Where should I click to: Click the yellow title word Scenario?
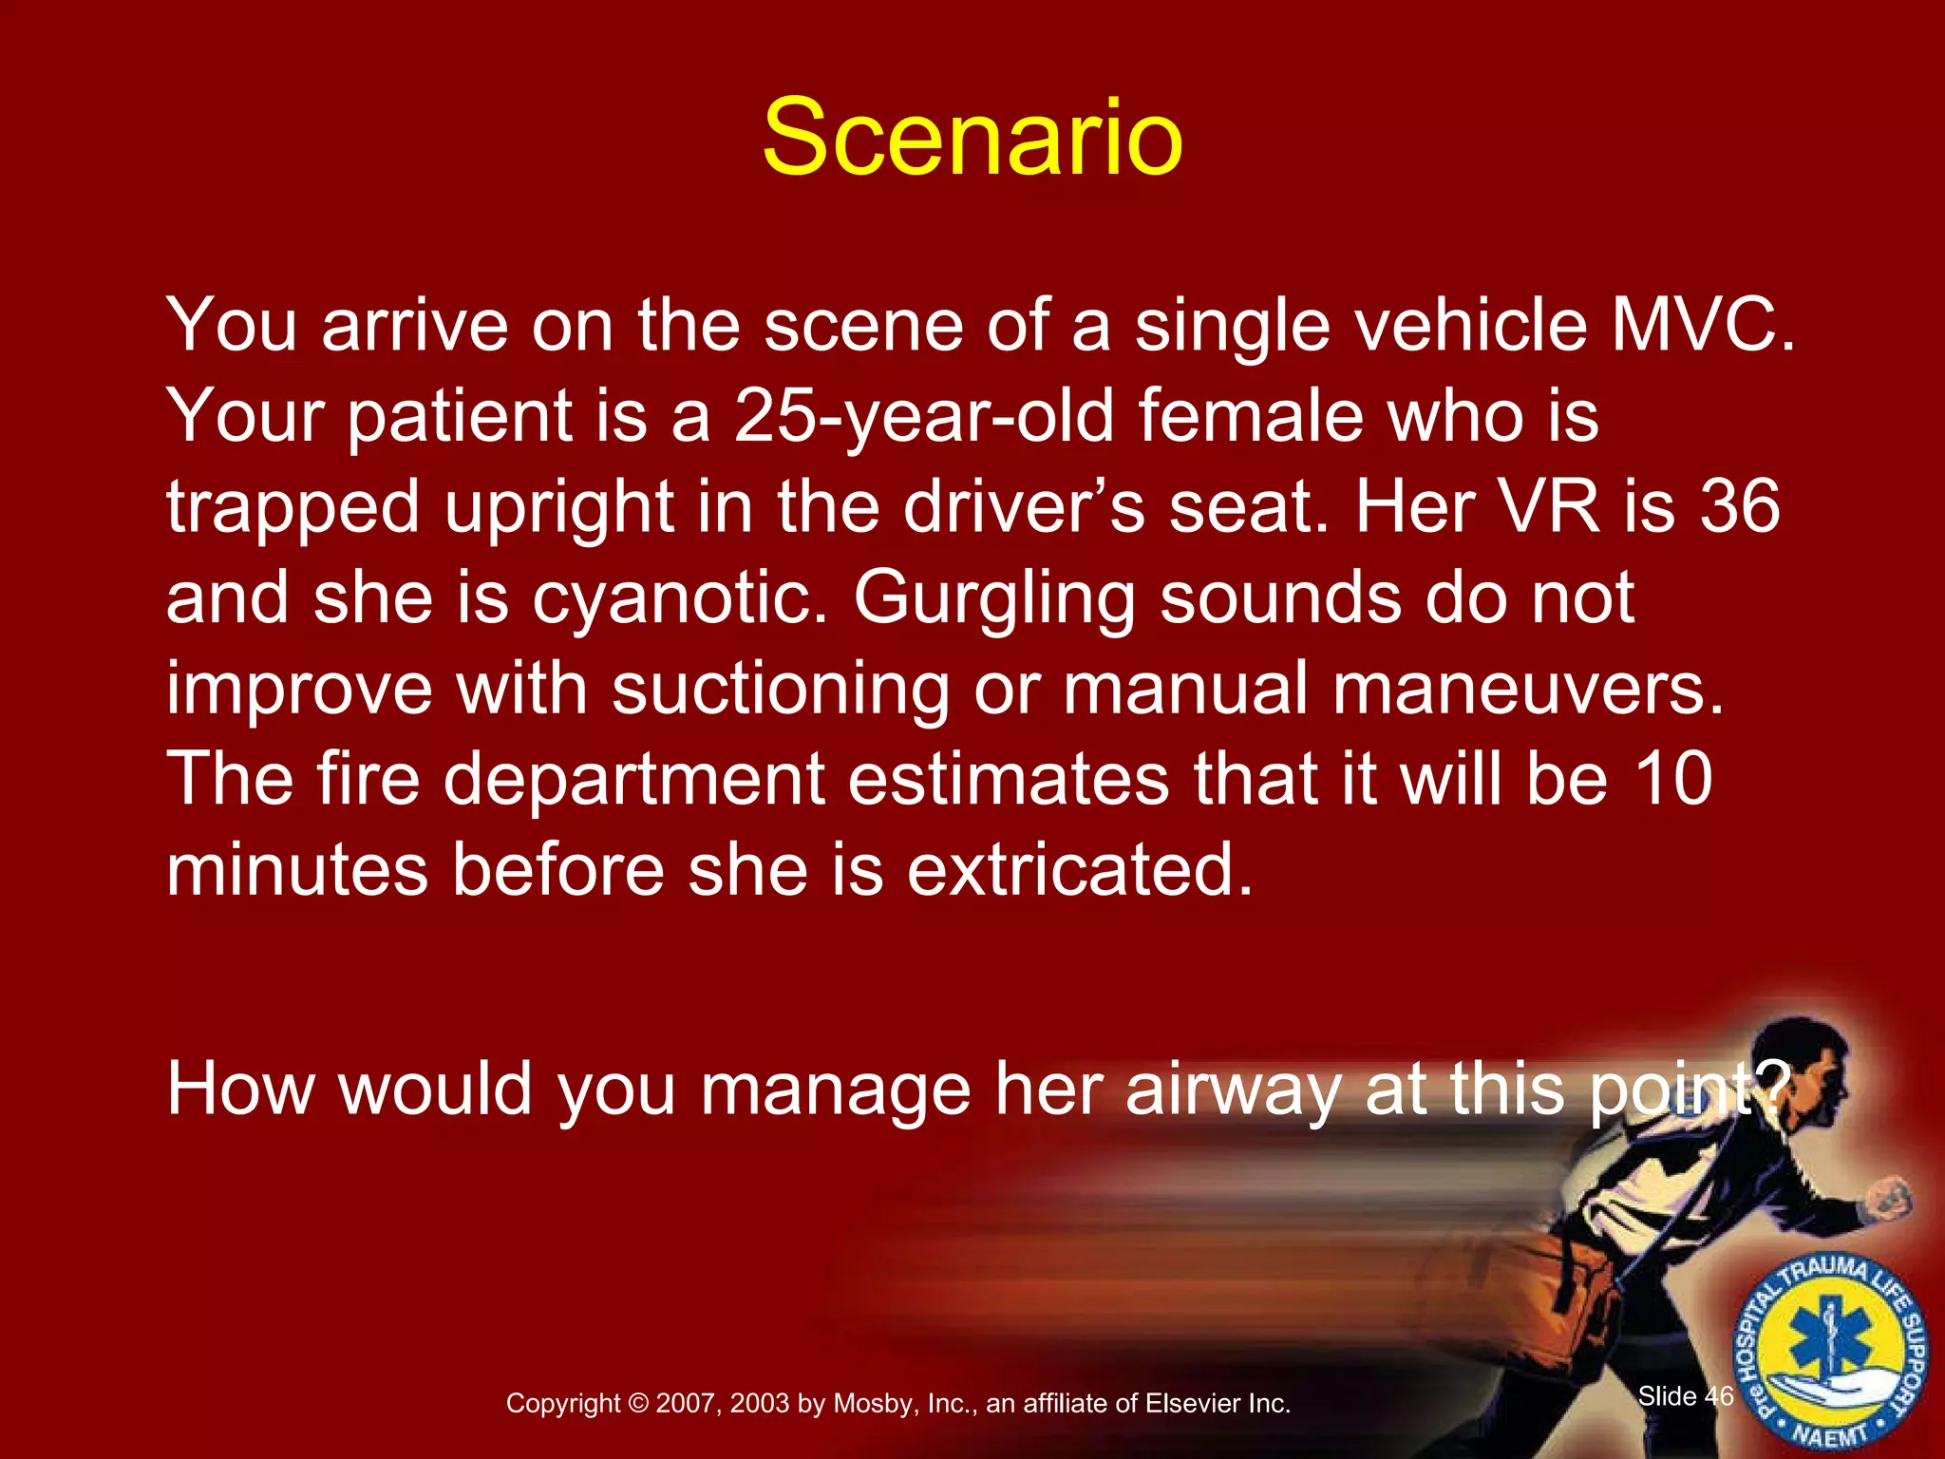[972, 139]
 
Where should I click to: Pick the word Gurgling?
[993, 598]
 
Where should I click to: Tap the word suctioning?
[780, 690]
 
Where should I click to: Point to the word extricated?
[1080, 870]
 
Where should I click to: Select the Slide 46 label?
[1686, 1396]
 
